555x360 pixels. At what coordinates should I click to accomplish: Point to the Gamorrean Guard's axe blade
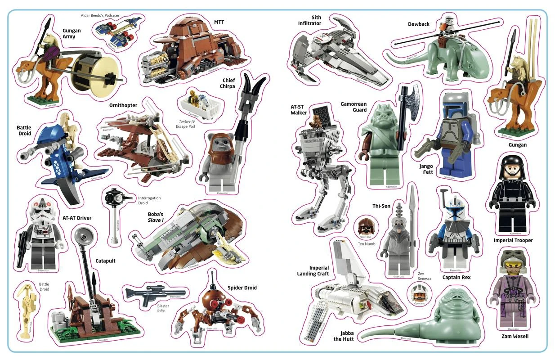click(x=412, y=95)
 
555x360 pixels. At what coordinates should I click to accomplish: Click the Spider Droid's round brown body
click(x=211, y=297)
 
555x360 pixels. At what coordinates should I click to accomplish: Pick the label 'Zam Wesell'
click(x=515, y=336)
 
